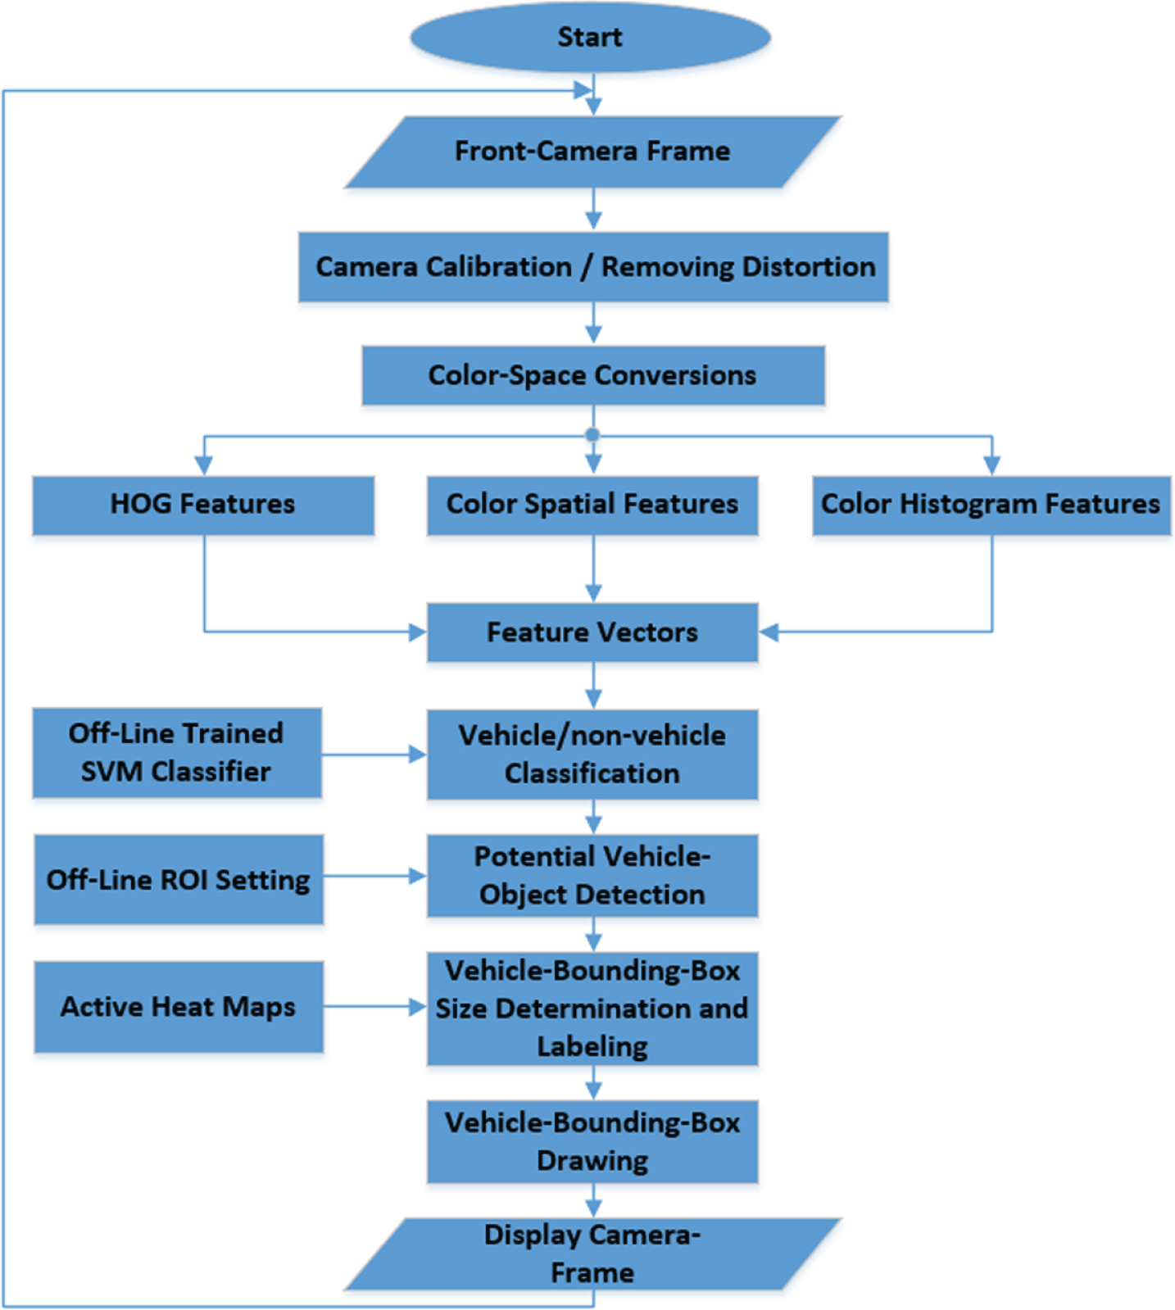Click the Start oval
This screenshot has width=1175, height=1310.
tap(590, 37)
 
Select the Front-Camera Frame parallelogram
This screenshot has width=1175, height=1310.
tap(592, 152)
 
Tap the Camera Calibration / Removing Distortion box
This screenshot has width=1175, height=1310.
tap(593, 267)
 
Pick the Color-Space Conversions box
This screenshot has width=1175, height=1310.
tap(593, 375)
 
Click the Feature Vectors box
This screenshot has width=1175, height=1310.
tap(592, 632)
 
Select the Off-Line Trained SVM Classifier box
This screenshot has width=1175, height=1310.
tap(177, 753)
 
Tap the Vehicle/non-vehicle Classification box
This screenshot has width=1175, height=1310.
tap(592, 755)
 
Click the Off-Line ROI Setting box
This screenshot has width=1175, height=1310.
tap(179, 879)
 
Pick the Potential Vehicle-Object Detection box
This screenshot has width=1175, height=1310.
tap(592, 876)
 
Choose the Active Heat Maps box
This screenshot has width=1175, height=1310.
tap(179, 1007)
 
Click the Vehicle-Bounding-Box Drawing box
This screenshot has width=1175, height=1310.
tap(592, 1141)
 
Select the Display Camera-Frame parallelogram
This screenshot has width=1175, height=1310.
tap(592, 1254)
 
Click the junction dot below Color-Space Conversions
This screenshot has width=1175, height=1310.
tap(592, 435)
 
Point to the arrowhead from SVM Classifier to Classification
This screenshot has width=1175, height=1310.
tap(418, 755)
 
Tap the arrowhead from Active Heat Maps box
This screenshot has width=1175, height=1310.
tap(418, 1007)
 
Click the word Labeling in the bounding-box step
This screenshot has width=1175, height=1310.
tap(592, 1047)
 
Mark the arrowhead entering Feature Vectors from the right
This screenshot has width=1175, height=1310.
tap(769, 632)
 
